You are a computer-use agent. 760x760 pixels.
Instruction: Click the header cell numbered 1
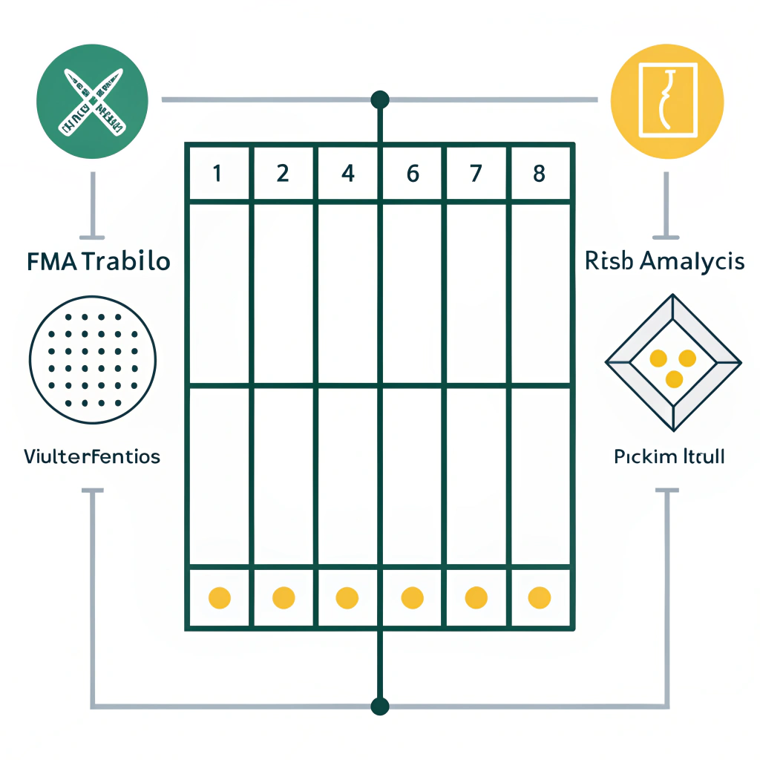click(x=217, y=174)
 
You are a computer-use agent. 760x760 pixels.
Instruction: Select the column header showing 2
click(x=283, y=174)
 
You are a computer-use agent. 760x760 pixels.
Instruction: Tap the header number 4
click(x=347, y=174)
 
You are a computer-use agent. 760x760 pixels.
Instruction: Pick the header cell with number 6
click(x=413, y=174)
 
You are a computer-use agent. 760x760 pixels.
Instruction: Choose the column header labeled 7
click(x=476, y=174)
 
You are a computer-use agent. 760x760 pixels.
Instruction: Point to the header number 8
click(x=540, y=174)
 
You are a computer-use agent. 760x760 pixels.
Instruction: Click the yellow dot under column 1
click(x=220, y=597)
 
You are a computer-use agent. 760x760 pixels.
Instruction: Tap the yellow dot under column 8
click(x=540, y=597)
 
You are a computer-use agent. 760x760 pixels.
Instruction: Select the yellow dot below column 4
click(x=347, y=597)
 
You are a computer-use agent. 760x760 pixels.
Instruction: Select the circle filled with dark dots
click(x=92, y=359)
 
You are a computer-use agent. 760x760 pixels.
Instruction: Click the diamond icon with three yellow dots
click(x=672, y=362)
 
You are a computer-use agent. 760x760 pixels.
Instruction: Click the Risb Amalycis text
click(x=664, y=261)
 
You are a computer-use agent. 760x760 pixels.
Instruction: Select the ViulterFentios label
click(x=92, y=456)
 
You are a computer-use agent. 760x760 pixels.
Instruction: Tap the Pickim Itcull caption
click(x=669, y=456)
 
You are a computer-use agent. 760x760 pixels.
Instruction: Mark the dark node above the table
click(x=380, y=99)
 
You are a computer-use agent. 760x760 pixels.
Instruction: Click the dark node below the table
click(x=380, y=705)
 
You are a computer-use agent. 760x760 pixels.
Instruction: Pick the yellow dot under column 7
click(x=476, y=597)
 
